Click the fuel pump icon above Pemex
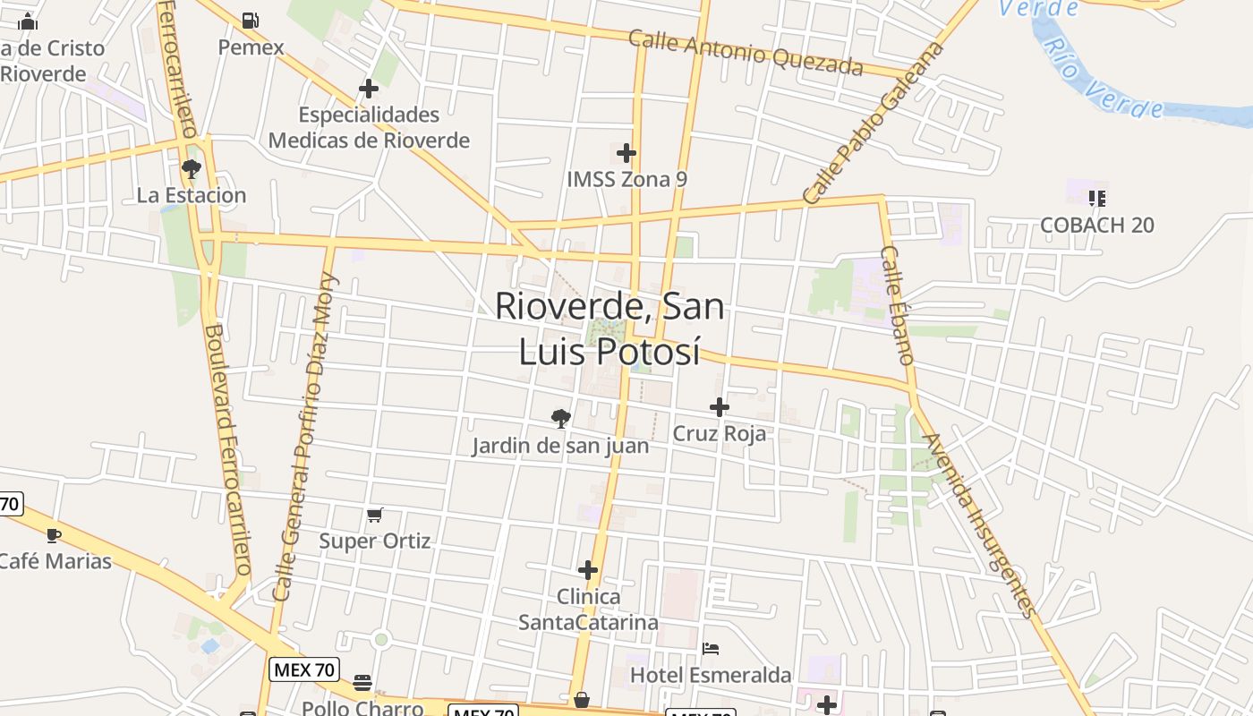251,21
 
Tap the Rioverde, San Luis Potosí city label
609,328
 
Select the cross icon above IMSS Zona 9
626,153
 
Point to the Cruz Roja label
720,434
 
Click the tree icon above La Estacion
191,168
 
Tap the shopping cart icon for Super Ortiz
375,515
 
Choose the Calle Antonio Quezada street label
746,53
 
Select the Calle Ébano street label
897,305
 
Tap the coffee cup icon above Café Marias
53,535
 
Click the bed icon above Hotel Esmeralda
711,648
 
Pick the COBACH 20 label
1097,225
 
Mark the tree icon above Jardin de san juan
561,418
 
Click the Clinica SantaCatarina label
588,609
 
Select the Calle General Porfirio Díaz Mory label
304,437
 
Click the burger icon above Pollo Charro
362,683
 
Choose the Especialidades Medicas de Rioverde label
369,127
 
